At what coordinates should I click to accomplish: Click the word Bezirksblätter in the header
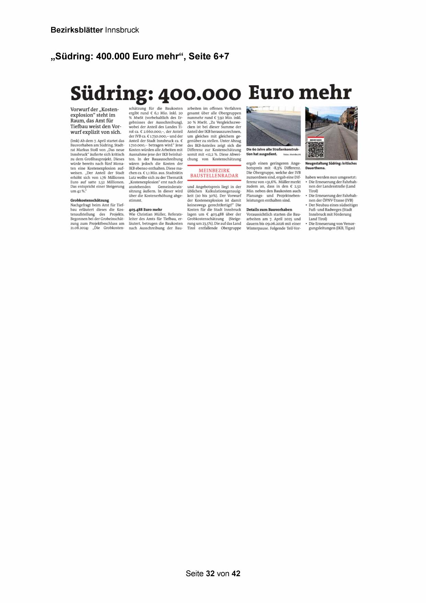77,30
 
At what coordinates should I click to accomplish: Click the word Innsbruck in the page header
122,30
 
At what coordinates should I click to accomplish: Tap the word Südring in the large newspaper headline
109,94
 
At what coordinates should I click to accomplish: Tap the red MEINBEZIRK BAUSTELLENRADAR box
214,173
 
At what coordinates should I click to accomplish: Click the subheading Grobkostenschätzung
90,200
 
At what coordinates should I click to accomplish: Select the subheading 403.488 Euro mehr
145,209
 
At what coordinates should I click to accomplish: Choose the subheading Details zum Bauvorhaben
269,209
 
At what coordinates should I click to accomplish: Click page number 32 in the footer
210,573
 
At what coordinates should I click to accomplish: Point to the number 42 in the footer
236,573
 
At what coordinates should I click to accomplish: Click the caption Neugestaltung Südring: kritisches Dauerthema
331,166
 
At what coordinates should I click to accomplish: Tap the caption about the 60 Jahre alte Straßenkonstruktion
273,152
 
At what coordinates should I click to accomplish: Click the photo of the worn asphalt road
273,126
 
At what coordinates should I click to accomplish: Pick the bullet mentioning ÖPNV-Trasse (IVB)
332,198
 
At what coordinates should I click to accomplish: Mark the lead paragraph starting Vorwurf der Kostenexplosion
96,121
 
